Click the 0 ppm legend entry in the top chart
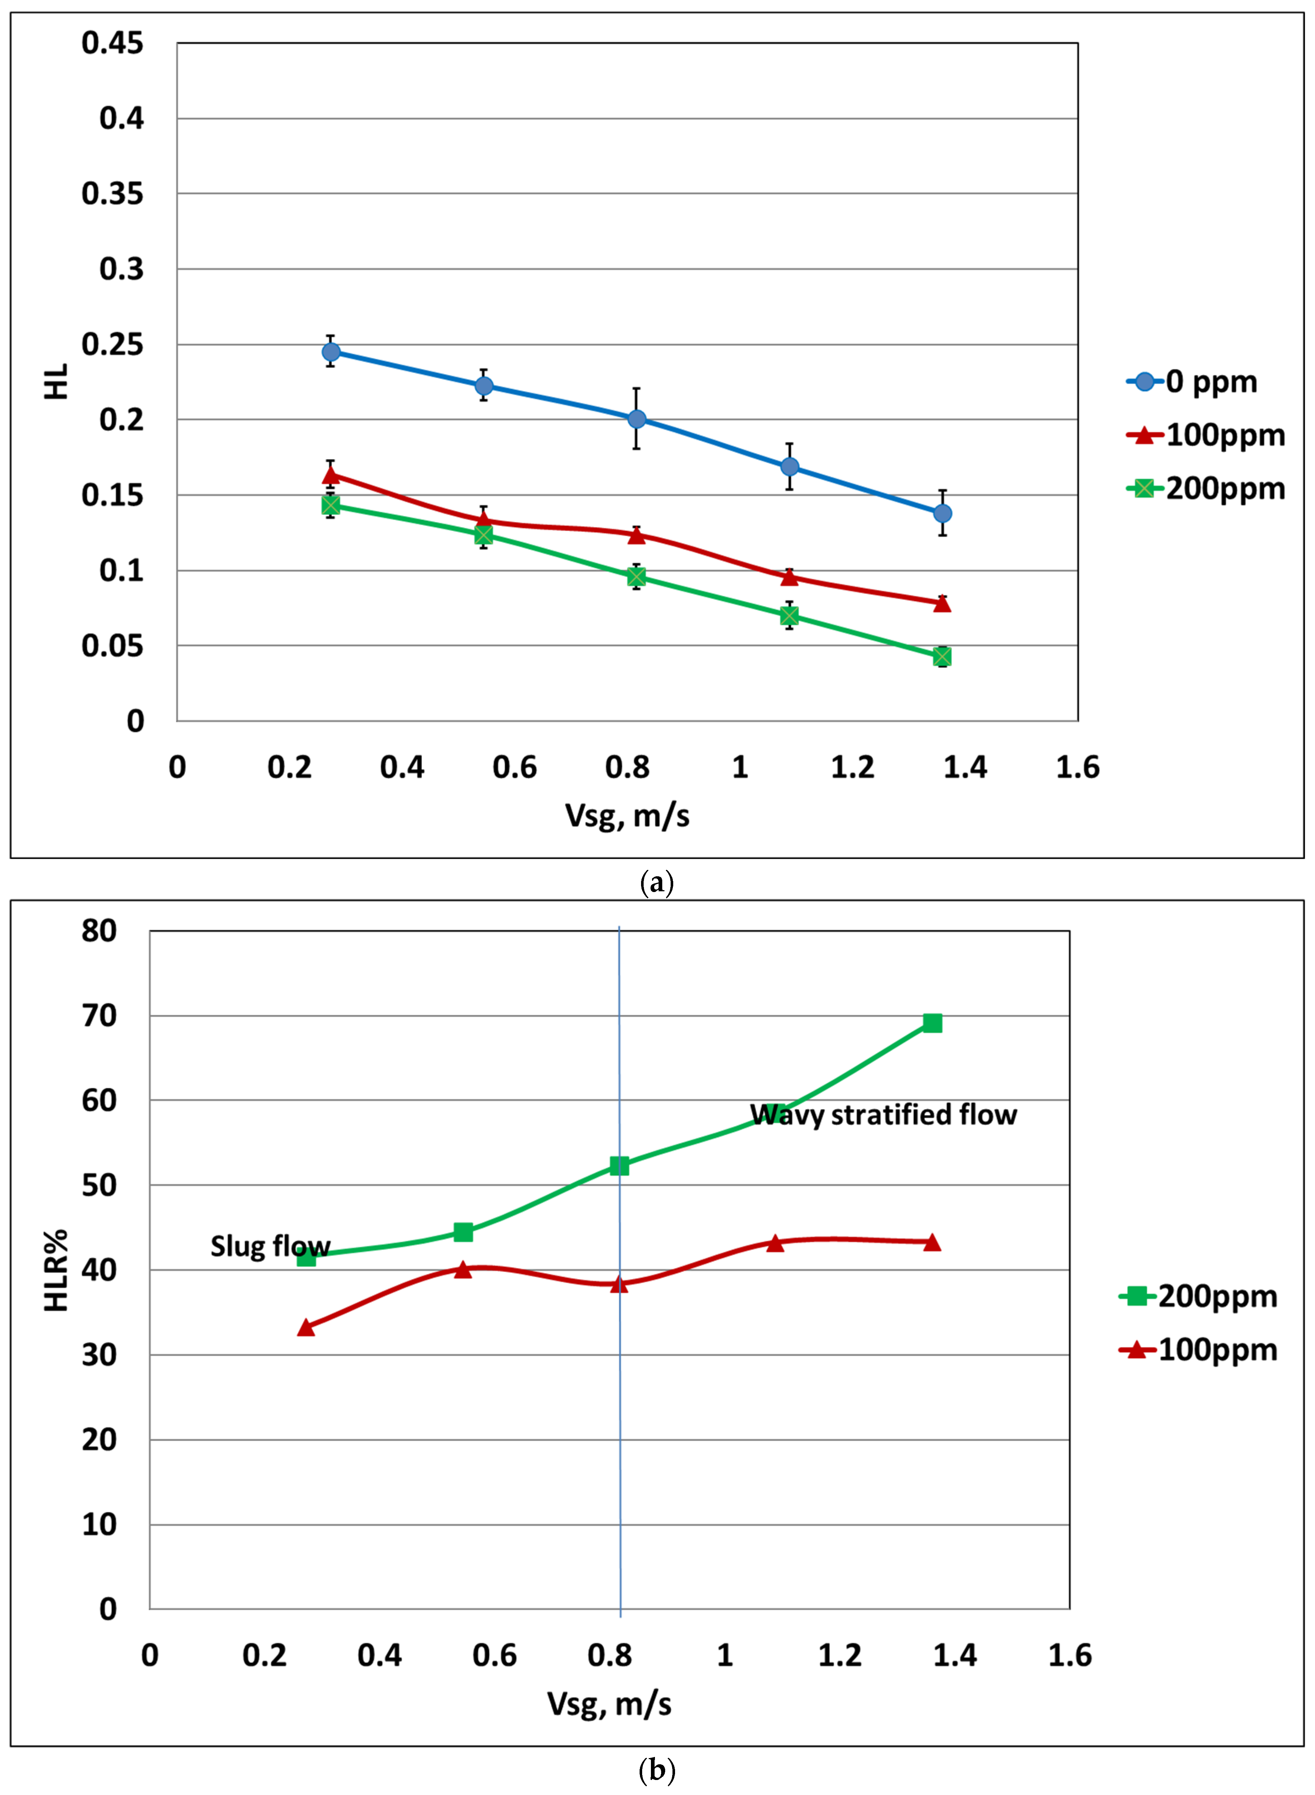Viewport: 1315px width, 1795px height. pyautogui.click(x=1191, y=382)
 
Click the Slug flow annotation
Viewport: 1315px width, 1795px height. pyautogui.click(x=270, y=1246)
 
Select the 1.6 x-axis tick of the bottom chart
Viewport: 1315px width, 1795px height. pyautogui.click(x=1070, y=1656)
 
